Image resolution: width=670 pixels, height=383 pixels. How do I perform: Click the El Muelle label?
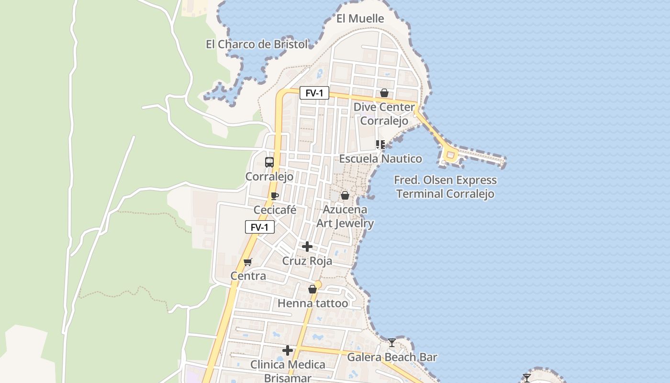pyautogui.click(x=360, y=19)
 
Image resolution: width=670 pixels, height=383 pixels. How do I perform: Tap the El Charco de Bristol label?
pyautogui.click(x=257, y=45)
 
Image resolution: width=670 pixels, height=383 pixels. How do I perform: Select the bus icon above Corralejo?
pyautogui.click(x=269, y=162)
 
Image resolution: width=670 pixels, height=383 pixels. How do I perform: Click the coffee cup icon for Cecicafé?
pyautogui.click(x=275, y=196)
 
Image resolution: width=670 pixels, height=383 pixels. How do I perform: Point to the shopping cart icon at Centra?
pyautogui.click(x=248, y=262)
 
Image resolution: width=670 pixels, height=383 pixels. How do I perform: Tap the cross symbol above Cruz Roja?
pyautogui.click(x=307, y=247)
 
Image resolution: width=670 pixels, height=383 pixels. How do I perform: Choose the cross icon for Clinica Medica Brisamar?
pyautogui.click(x=288, y=350)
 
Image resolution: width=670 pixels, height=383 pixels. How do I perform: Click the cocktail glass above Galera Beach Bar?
pyautogui.click(x=392, y=342)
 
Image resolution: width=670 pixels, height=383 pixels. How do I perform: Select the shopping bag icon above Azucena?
pyautogui.click(x=345, y=195)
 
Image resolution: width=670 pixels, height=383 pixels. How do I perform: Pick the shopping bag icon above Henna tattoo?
pyautogui.click(x=313, y=289)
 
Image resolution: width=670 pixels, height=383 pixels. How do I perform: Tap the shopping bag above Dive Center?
pyautogui.click(x=384, y=93)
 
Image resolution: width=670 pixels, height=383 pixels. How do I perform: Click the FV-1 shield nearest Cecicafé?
pyautogui.click(x=260, y=227)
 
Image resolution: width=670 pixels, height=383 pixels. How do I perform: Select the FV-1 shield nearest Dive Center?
pyautogui.click(x=314, y=93)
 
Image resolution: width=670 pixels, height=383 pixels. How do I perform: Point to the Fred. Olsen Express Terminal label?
pyautogui.click(x=445, y=187)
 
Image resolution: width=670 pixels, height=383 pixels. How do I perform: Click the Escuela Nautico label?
pyautogui.click(x=380, y=158)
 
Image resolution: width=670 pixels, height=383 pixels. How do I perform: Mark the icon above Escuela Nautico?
pyautogui.click(x=380, y=144)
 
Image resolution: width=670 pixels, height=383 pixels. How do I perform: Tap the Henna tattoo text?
pyautogui.click(x=313, y=303)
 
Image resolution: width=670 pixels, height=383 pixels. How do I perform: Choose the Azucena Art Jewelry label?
pyautogui.click(x=345, y=216)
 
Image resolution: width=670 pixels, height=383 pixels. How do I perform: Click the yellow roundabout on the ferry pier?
pyautogui.click(x=450, y=155)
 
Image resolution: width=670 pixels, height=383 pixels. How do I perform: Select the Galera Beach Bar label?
pyautogui.click(x=392, y=357)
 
